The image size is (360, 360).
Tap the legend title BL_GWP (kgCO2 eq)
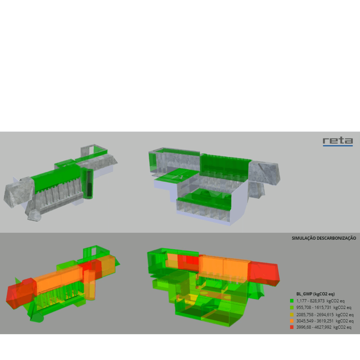(315, 294)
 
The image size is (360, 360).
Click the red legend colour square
(292, 327)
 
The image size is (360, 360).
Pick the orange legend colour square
(292, 321)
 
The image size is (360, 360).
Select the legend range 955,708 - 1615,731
(314, 307)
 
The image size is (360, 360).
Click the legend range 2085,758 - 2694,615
(315, 315)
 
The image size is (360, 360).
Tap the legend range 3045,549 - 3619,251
(315, 321)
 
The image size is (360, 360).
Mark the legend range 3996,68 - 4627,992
(314, 327)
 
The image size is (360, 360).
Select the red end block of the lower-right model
(264, 273)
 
